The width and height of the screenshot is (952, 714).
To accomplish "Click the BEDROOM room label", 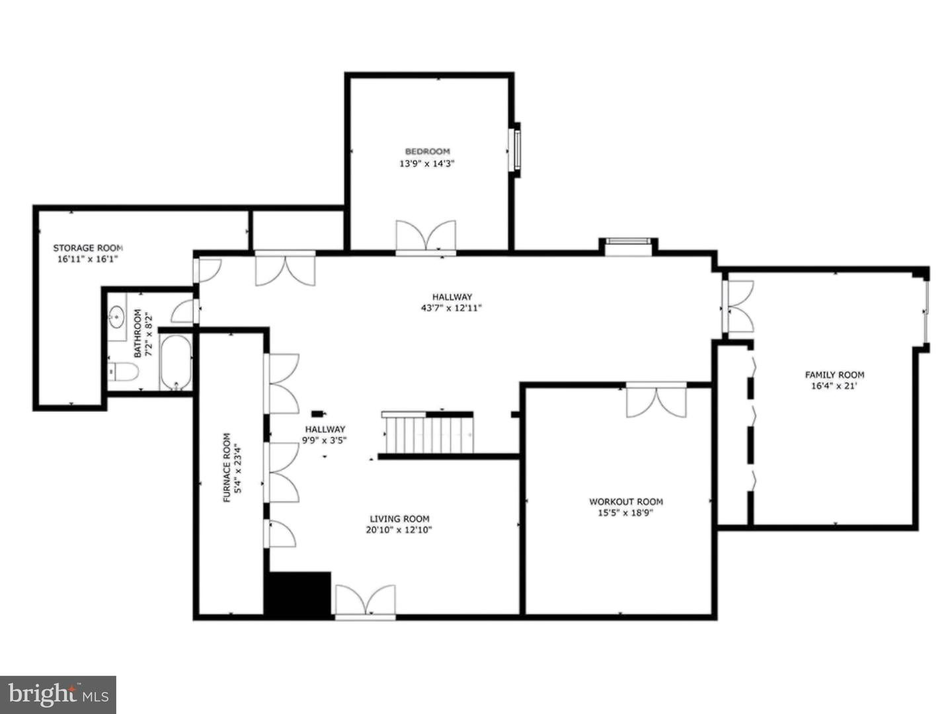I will [x=427, y=151].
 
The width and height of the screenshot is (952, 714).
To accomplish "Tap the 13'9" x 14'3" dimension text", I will [x=427, y=163].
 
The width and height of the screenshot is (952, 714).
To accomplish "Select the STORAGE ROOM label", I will [x=88, y=248].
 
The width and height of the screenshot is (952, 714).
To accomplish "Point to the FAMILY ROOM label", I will [x=834, y=374].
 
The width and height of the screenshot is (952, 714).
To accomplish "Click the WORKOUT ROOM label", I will [x=625, y=501].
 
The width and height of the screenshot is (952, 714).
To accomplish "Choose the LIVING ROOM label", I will [x=399, y=519].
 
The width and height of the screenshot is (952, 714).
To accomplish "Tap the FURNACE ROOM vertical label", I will [x=227, y=467].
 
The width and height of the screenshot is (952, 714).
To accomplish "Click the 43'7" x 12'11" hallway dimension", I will [x=452, y=307].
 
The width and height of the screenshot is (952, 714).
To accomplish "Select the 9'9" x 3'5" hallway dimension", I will [x=325, y=440].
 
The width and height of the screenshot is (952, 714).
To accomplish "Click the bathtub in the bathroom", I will [x=176, y=362].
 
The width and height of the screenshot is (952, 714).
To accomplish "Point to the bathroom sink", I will [x=117, y=317].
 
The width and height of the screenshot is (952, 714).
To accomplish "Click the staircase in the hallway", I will [x=428, y=433].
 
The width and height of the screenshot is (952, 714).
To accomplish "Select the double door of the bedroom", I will [x=426, y=237].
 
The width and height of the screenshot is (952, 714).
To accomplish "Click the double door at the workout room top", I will [x=656, y=401].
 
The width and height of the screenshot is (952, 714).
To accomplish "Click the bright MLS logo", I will [x=58, y=694].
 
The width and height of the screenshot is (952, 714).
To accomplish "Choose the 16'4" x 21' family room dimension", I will [x=834, y=386].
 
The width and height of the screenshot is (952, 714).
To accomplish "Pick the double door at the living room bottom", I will [x=366, y=600].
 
